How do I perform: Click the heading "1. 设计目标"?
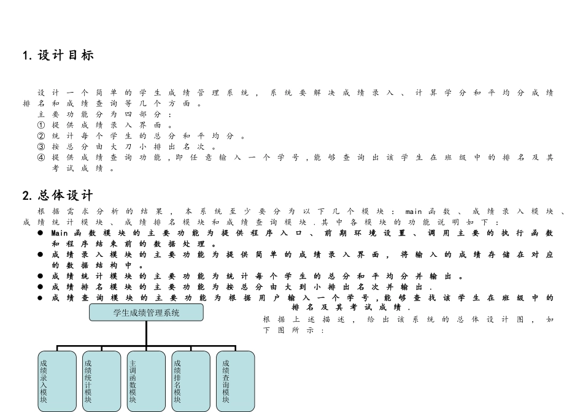(58, 55)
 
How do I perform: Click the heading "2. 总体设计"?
(58, 196)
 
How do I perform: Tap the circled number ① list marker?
(41, 125)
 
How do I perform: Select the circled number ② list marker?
(41, 136)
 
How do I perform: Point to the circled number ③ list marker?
(41, 147)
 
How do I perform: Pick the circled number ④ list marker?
(41, 158)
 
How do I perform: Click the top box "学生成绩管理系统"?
(146, 313)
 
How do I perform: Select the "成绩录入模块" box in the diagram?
(57, 381)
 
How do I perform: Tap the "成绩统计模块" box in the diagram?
(101, 381)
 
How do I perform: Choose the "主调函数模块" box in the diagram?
(146, 381)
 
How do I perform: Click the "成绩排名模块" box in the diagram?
(191, 381)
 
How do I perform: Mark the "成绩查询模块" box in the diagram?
(236, 381)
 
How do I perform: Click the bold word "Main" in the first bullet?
(60, 234)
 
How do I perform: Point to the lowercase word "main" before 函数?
(414, 212)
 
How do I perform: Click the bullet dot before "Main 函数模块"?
(40, 233)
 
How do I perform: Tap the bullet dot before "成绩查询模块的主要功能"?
(40, 297)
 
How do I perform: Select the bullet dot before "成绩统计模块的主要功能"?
(40, 276)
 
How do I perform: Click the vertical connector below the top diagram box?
(146, 334)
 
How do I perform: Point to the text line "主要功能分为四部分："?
(104, 115)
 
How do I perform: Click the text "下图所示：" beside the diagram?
(294, 330)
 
